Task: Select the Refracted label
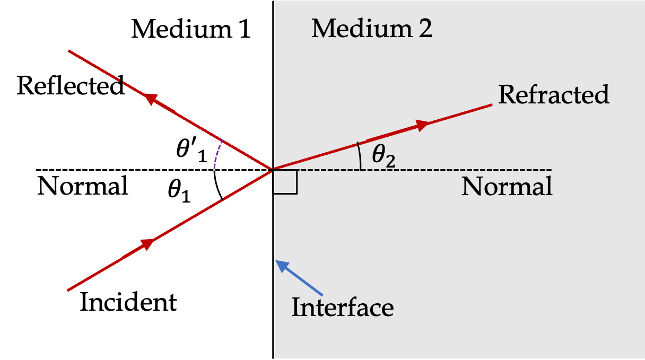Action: (x=554, y=95)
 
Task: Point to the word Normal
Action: (x=507, y=187)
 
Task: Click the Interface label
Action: (x=342, y=308)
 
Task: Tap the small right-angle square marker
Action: (x=286, y=182)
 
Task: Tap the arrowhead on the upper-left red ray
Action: (x=151, y=99)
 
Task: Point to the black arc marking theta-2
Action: (x=360, y=157)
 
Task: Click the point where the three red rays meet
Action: (x=273, y=170)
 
